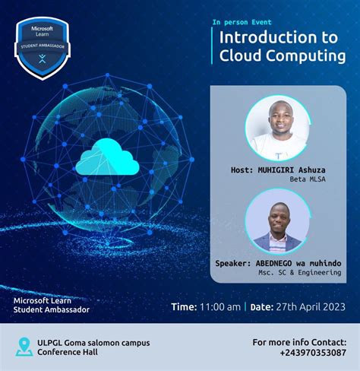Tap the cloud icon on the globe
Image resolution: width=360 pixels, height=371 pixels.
click(108, 159)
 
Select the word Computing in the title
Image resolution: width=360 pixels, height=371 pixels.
click(302, 55)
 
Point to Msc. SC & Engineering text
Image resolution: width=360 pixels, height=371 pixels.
click(299, 272)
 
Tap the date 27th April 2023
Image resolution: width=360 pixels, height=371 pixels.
click(310, 306)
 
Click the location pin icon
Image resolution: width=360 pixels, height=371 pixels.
click(24, 347)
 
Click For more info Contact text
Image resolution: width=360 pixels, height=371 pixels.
click(299, 342)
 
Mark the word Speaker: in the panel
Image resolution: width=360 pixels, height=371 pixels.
click(236, 262)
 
